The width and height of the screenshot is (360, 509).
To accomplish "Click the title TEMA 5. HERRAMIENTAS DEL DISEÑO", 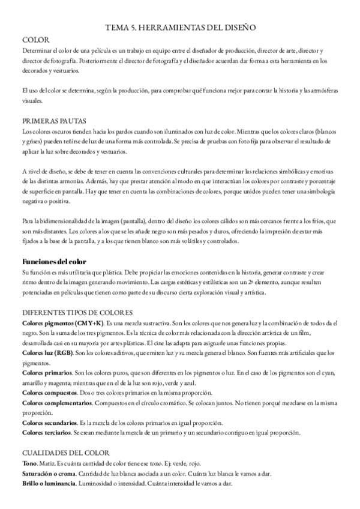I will (181, 27).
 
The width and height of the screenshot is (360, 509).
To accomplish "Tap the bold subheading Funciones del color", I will (54, 262).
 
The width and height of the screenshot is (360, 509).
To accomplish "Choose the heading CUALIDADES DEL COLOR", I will (66, 454).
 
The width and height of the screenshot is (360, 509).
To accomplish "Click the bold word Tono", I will (29, 464).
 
